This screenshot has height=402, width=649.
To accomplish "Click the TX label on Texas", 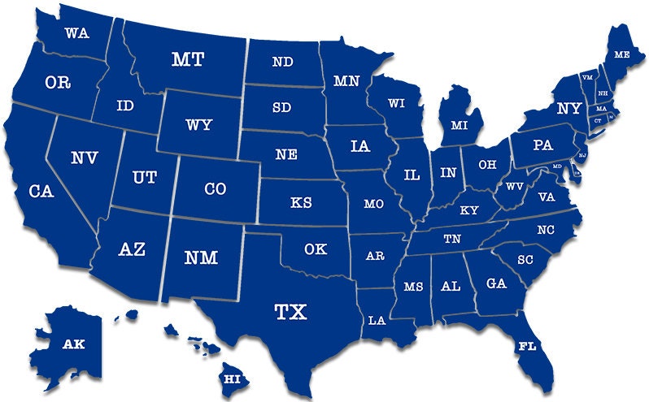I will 290,312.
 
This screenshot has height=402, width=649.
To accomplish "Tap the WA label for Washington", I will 76,33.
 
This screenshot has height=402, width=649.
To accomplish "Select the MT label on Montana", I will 188,59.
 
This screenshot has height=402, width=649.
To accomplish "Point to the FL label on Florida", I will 527,346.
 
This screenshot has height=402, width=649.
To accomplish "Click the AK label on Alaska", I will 74,344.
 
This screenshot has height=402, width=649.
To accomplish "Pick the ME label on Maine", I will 622,54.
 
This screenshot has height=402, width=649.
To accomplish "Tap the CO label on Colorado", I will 215,189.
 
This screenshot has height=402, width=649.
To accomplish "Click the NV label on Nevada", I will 84,158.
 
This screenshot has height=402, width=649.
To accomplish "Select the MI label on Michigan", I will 460,125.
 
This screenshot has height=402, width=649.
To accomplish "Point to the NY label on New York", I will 568,108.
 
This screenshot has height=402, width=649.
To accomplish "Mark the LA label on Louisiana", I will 377,320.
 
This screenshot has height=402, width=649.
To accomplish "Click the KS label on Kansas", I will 301,202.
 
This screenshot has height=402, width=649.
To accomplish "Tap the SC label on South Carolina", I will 524,259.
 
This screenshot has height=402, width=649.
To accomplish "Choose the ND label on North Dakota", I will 283,62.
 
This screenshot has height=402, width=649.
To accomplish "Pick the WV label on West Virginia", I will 514,187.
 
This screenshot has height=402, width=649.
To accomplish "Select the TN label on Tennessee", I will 453,239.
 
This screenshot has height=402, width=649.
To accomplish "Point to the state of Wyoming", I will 198,125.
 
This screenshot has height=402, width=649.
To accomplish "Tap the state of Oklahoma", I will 317,249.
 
